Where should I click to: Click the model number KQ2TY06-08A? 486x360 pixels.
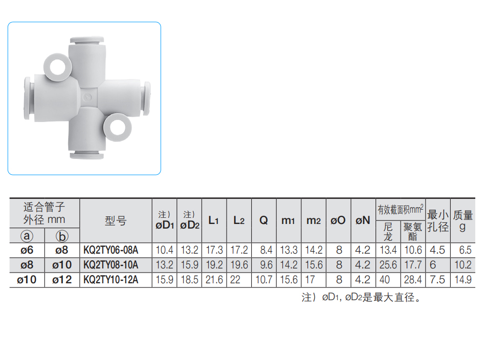tap(111, 250)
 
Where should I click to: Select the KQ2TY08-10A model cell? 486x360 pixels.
tap(111, 265)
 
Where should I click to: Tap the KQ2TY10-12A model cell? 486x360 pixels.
tap(111, 280)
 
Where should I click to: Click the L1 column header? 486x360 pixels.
tap(213, 220)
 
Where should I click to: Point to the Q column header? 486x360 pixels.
tap(263, 220)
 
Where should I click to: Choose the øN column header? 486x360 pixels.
tap(363, 220)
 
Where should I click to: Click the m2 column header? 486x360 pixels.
tap(314, 220)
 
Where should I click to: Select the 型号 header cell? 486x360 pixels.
tap(116, 221)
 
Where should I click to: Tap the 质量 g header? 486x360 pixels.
tap(463, 220)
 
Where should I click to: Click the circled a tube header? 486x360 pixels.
tap(27, 236)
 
